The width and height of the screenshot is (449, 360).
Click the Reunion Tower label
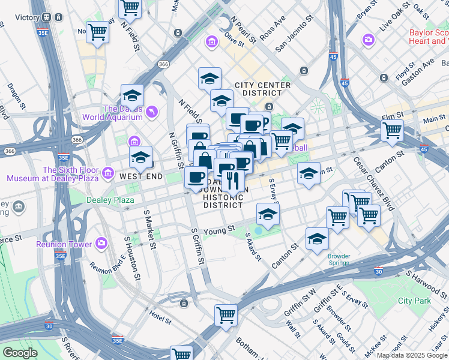tap(64, 244)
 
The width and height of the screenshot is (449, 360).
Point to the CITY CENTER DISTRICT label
tap(263, 89)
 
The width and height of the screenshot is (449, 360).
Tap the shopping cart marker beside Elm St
tap(392, 130)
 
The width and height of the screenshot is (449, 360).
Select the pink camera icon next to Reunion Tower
tap(101, 244)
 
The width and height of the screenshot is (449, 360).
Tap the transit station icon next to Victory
tap(46, 17)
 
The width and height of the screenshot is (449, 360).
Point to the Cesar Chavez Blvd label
tap(374, 184)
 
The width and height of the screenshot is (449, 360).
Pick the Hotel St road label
tap(160, 314)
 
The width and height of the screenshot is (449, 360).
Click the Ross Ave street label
tap(272, 28)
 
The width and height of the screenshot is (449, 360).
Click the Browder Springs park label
tap(339, 260)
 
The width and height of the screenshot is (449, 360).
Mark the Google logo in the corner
tap(20, 353)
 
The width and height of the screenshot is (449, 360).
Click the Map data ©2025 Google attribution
tap(412, 355)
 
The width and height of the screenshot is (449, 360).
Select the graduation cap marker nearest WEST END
tap(140, 158)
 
